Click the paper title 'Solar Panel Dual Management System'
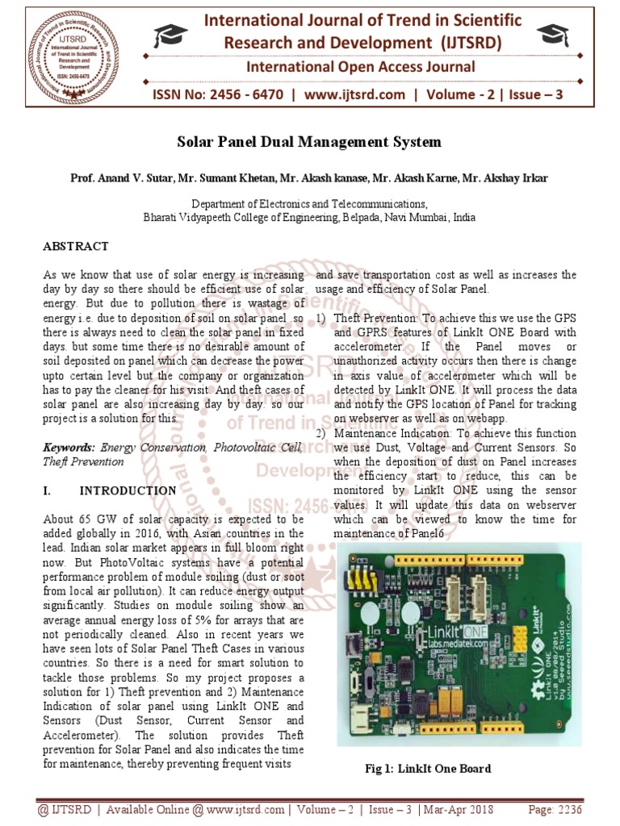click(x=309, y=143)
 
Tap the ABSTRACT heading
click(x=75, y=246)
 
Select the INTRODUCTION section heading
click(x=128, y=490)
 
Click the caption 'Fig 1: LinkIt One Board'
click(x=427, y=769)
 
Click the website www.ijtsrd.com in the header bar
click(x=355, y=95)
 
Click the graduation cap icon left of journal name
click(x=170, y=35)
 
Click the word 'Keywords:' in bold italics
click(x=69, y=447)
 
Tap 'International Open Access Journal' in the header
click(x=360, y=67)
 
